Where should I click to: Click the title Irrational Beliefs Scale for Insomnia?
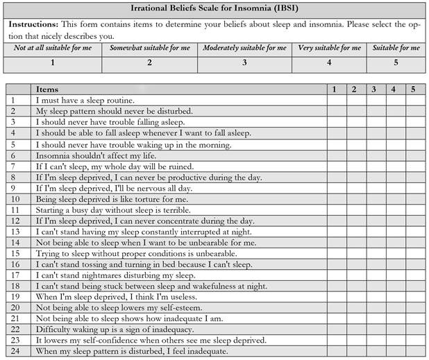tap(214, 8)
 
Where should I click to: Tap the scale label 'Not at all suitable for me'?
tap(53, 48)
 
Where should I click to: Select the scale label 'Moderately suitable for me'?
tap(244, 48)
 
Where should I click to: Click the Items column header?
tap(47, 89)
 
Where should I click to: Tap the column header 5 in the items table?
tap(412, 89)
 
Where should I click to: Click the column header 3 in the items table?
tap(373, 89)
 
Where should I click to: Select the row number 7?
tap(12, 167)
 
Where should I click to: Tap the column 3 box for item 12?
tap(375, 221)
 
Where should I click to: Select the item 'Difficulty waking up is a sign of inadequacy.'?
tap(118, 329)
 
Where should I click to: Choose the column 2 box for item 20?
tap(354, 308)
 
